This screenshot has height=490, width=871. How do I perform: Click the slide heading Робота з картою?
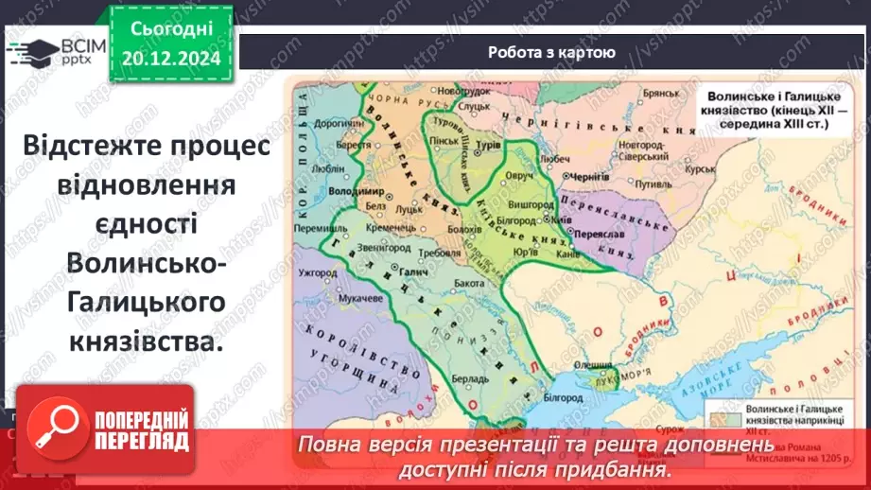552,53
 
